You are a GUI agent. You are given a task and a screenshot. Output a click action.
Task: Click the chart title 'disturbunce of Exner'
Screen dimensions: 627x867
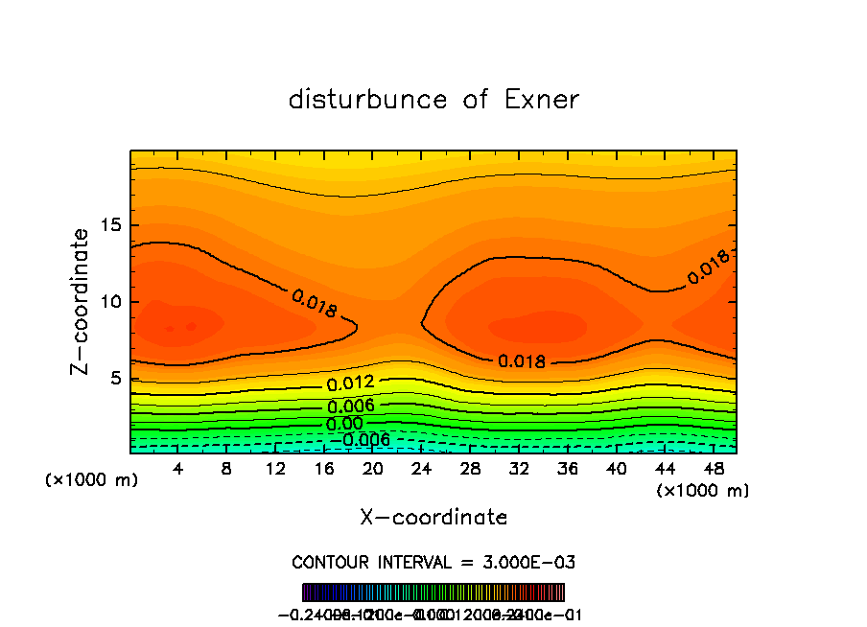click(x=433, y=100)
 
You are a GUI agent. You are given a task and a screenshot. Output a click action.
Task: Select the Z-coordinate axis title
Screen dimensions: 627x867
click(x=82, y=301)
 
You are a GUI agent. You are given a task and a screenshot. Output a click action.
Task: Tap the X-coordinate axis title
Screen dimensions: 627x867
click(x=433, y=517)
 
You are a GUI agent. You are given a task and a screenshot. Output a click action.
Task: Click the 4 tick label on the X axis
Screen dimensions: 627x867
click(x=177, y=469)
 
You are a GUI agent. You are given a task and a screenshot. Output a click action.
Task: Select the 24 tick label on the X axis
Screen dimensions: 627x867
click(x=423, y=469)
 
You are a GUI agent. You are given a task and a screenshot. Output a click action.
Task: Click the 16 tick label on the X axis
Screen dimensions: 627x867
click(x=324, y=469)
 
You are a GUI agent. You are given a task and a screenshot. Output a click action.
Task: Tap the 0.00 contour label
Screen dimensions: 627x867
click(x=343, y=424)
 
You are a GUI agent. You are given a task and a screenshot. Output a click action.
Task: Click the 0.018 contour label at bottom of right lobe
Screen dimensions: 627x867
click(x=522, y=361)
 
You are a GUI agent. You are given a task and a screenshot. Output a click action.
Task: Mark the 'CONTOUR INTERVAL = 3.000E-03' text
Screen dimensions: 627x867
click(x=433, y=562)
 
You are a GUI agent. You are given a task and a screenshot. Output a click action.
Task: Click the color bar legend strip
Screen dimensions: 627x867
click(x=433, y=592)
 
